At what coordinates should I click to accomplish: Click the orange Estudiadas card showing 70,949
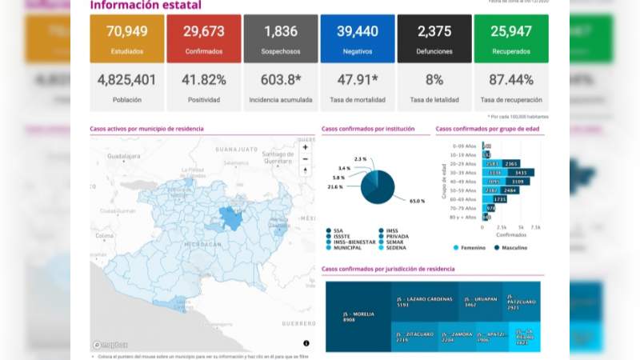pos(127,38)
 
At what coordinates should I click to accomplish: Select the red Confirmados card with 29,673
pos(204,38)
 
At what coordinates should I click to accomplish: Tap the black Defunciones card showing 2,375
pos(434,38)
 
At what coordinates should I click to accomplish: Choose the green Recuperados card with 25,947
pos(511,38)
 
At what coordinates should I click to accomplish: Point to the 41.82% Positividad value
pos(204,80)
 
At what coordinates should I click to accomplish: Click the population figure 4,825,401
pos(127,80)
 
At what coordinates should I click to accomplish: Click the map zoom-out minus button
pos(305,159)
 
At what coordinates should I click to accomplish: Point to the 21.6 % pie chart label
pos(335,187)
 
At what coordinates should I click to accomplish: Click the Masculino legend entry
pos(510,248)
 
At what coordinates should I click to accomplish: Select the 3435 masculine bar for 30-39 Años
pos(520,172)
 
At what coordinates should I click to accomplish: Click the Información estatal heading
pos(146,6)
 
